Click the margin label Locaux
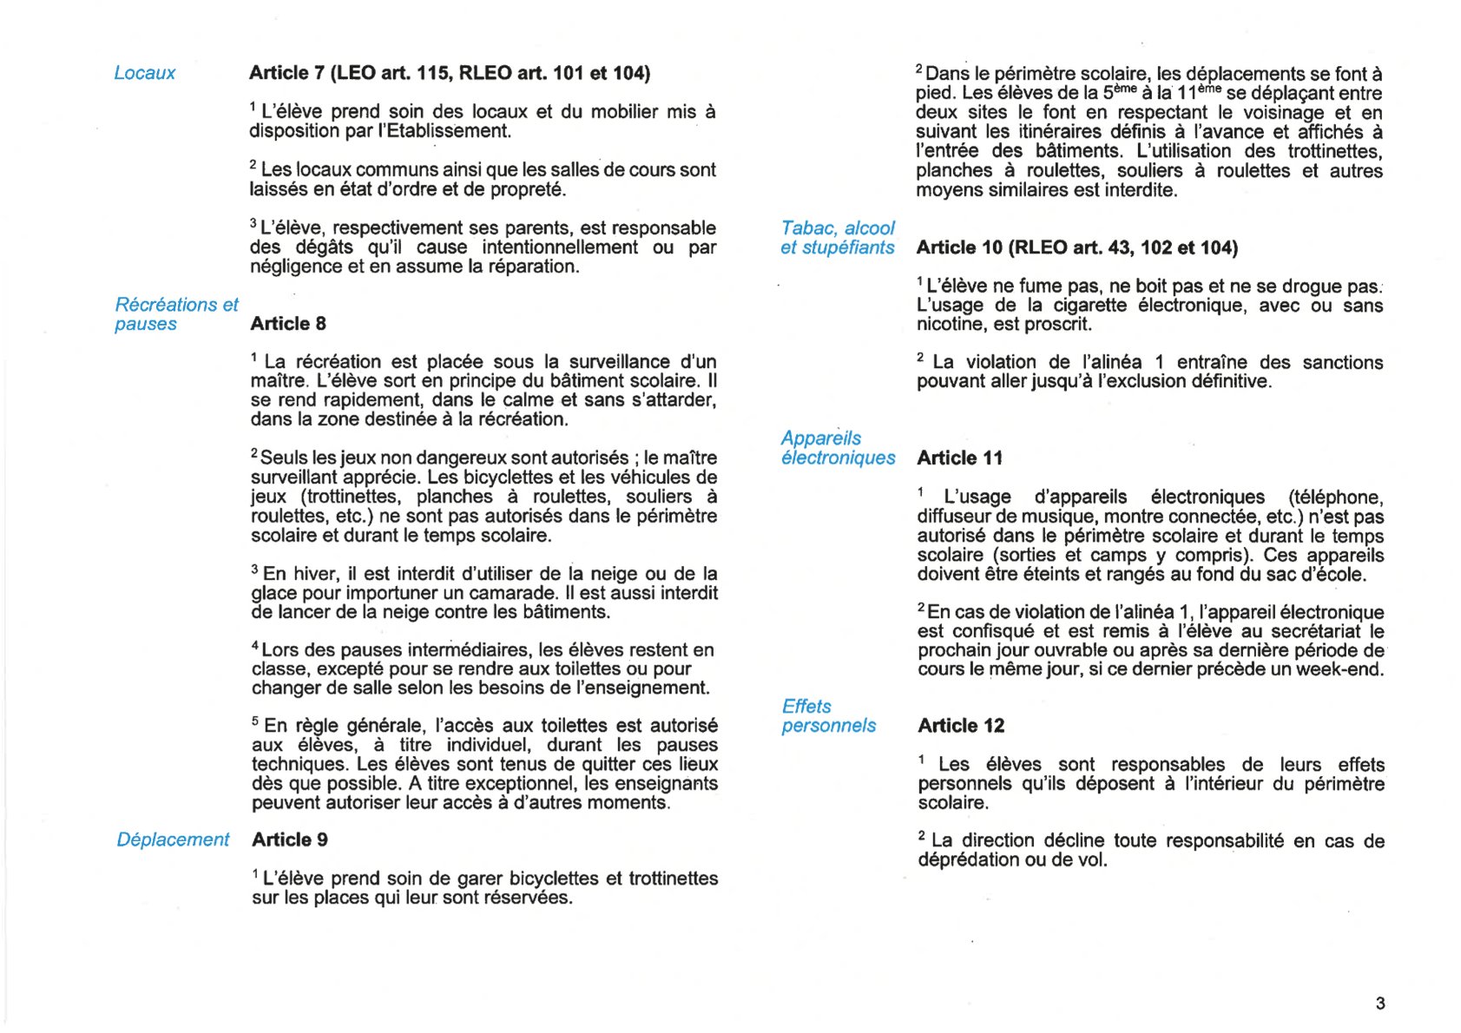pyautogui.click(x=144, y=73)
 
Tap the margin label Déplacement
pyautogui.click(x=173, y=839)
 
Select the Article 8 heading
pyautogui.click(x=288, y=324)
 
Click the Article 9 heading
pyautogui.click(x=290, y=839)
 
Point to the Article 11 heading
pyautogui.click(x=959, y=458)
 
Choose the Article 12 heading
pyautogui.click(x=961, y=726)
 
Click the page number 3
pyautogui.click(x=1380, y=1003)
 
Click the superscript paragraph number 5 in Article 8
pyautogui.click(x=255, y=721)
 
